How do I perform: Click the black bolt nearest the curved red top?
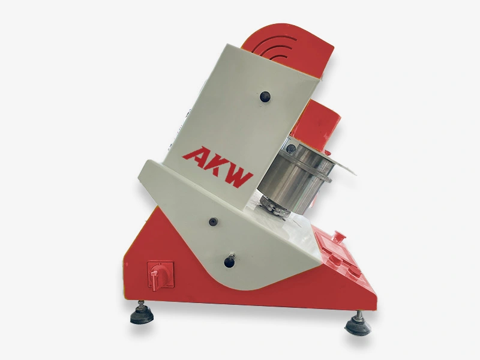click(x=265, y=95)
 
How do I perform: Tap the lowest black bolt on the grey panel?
click(x=229, y=261)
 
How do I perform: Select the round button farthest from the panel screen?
click(x=354, y=271)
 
